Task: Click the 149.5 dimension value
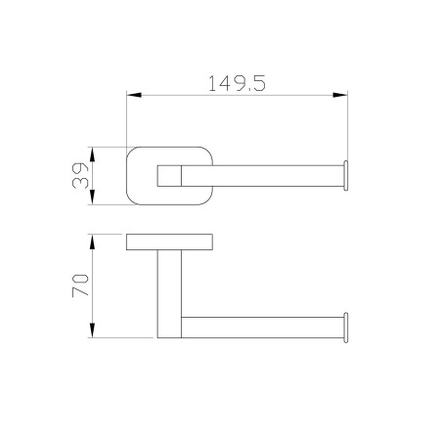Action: [x=237, y=83]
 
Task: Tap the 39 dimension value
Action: [x=80, y=176]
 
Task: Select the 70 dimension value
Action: [x=80, y=286]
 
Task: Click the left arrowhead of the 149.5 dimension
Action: [x=134, y=95]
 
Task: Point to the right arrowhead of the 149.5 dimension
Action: [x=340, y=95]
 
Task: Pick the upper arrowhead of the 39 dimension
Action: [x=92, y=154]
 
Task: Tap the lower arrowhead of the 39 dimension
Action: [x=92, y=198]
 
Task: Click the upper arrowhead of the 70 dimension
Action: [x=92, y=242]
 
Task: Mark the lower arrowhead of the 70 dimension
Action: [x=92, y=330]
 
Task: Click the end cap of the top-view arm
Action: [x=346, y=176]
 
